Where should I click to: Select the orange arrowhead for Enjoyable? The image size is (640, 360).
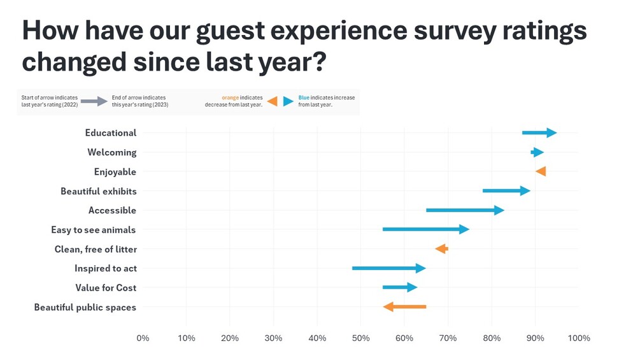[x=541, y=171]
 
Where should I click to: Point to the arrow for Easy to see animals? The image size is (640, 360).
[x=425, y=229]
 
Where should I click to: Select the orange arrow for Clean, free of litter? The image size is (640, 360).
[x=441, y=249]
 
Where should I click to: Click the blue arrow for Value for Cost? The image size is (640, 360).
[x=399, y=287]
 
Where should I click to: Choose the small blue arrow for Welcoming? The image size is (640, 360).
[x=537, y=152]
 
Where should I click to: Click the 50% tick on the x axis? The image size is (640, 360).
[x=360, y=338]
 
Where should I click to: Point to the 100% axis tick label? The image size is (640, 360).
[x=578, y=338]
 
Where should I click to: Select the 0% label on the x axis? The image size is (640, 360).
[x=143, y=338]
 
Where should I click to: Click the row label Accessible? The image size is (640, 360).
[x=112, y=210]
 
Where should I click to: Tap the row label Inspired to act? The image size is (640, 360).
[x=105, y=268]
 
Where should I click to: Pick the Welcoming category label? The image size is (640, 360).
[x=111, y=152]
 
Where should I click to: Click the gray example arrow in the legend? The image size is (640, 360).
[x=94, y=101]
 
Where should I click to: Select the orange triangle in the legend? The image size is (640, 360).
[x=273, y=101]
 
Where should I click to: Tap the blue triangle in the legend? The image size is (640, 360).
[x=288, y=101]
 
